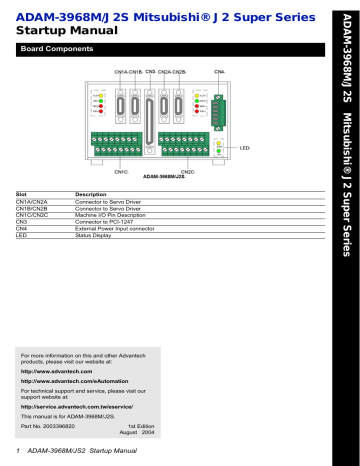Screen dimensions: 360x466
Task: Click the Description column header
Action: click(x=93, y=194)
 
